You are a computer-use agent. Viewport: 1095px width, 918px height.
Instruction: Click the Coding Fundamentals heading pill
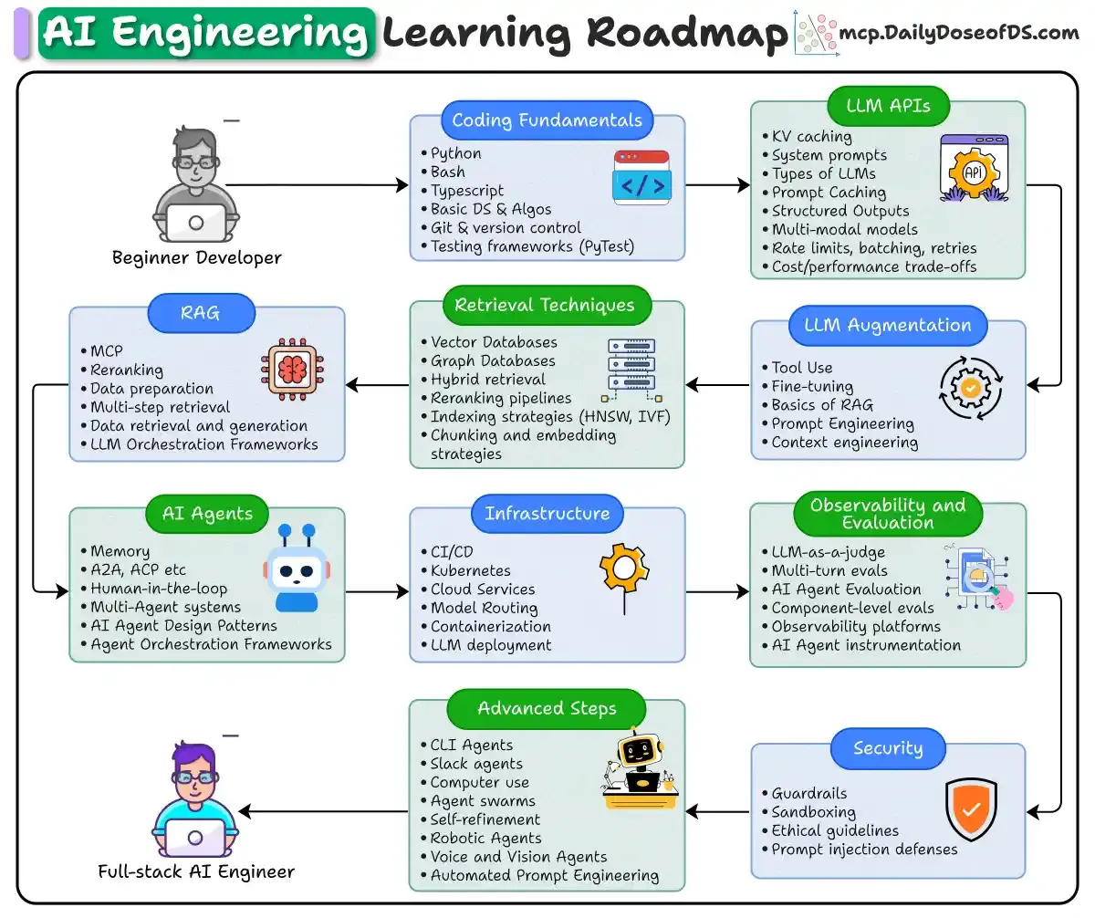pos(547,120)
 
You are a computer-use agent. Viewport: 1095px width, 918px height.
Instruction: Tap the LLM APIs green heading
pos(888,106)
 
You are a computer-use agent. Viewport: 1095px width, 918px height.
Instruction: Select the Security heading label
pos(888,748)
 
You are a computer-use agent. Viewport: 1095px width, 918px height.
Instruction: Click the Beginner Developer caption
pos(197,257)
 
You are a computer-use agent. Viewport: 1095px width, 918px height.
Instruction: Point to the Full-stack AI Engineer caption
pos(196,871)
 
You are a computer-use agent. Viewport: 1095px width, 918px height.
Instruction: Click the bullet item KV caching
pos(811,137)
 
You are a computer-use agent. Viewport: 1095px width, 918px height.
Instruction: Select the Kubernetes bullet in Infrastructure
pos(470,570)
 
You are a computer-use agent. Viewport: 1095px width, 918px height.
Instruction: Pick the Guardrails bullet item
pos(808,794)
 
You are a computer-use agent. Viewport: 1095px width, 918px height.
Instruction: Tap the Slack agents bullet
pos(476,764)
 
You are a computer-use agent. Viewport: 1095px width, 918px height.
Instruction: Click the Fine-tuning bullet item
pos(812,386)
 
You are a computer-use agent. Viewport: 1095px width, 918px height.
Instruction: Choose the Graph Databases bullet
pos(493,360)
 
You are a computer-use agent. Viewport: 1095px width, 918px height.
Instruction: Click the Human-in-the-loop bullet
pos(159,589)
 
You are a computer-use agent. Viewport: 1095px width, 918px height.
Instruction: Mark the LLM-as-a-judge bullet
pos(828,551)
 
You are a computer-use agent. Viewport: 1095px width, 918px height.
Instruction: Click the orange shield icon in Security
pos(971,808)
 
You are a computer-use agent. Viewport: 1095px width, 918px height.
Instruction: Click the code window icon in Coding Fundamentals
pos(641,177)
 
